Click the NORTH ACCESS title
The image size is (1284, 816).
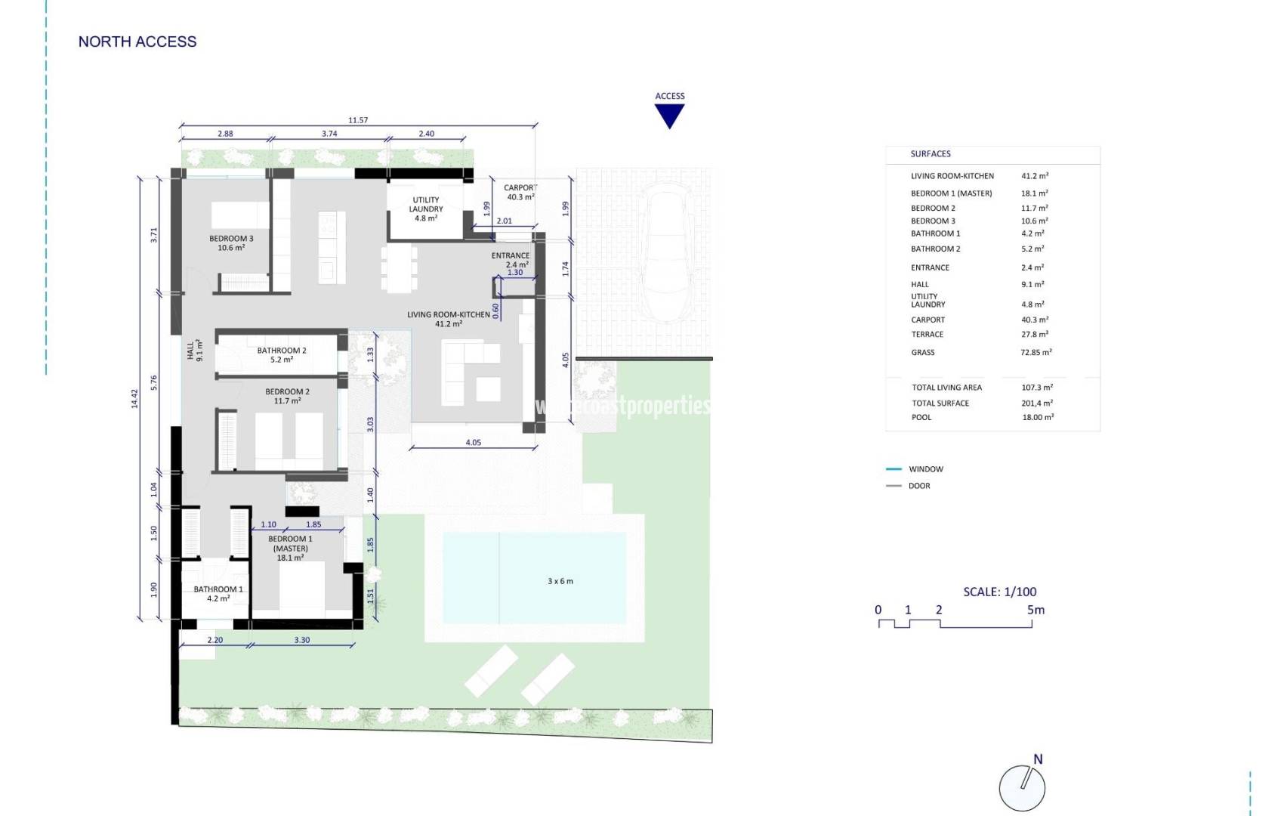click(x=137, y=42)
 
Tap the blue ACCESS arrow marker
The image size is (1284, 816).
click(x=669, y=115)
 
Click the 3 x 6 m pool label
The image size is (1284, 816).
click(x=560, y=581)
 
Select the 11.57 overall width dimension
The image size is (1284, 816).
click(x=358, y=120)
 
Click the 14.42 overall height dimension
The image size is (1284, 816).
click(x=134, y=399)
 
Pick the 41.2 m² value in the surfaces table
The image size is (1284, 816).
click(x=1034, y=176)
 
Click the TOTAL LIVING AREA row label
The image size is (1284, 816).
click(x=946, y=388)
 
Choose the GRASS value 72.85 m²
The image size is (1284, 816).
click(x=1036, y=352)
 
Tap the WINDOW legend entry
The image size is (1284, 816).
click(x=925, y=469)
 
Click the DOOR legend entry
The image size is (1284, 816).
click(x=919, y=486)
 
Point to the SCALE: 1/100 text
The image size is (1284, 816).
click(x=999, y=592)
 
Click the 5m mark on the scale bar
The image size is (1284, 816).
click(x=1036, y=610)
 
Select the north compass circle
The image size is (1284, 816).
click(x=1022, y=788)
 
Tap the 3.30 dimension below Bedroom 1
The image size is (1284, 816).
click(x=301, y=640)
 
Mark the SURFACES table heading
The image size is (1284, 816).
click(x=930, y=154)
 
